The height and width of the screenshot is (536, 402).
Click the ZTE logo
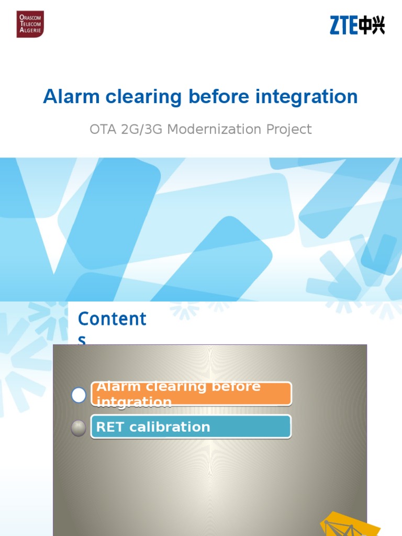[x=357, y=25]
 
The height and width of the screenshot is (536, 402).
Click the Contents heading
[x=112, y=320]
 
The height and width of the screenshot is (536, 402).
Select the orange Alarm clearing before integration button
[x=191, y=394]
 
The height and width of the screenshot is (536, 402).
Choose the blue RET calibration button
[x=191, y=427]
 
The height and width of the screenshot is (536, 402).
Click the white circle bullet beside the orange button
[x=79, y=395]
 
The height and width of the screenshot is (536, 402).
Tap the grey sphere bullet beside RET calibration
[x=79, y=428]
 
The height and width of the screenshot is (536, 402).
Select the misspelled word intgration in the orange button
[x=135, y=402]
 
